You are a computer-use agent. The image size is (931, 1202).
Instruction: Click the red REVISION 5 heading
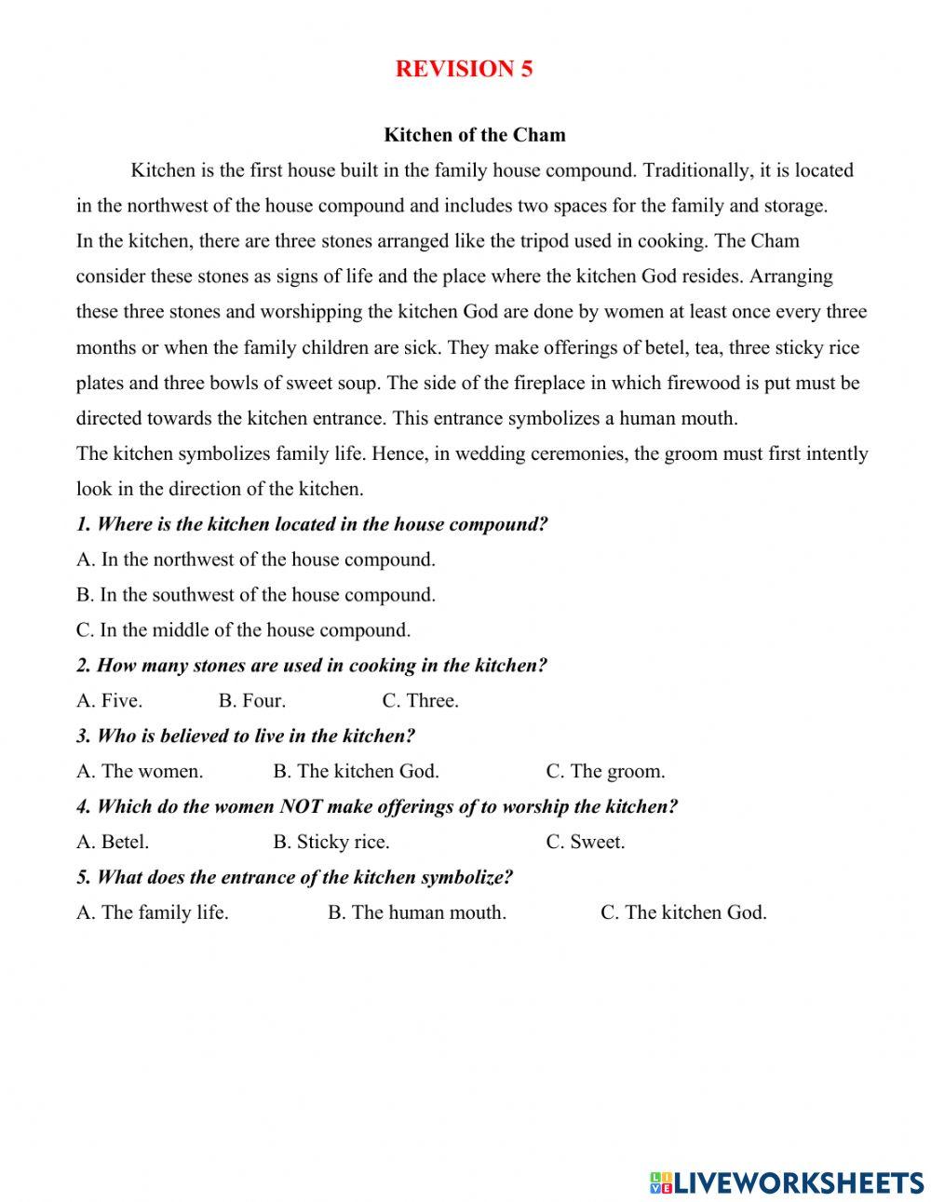coord(464,69)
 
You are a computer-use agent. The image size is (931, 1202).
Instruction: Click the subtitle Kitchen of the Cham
coord(475,135)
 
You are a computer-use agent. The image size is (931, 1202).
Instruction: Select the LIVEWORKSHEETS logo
coord(787,1182)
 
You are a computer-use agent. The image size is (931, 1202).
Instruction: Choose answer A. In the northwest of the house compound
coord(256,560)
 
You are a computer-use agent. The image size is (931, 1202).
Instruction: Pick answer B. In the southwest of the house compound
coord(256,595)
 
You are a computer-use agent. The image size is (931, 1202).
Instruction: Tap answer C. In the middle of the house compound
coord(243,630)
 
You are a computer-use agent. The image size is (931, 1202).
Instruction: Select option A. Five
coord(109,701)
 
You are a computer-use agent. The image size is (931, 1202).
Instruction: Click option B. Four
coord(252,701)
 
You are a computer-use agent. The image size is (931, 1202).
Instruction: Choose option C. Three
coord(420,701)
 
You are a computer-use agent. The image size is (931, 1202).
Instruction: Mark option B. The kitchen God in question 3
coord(356,772)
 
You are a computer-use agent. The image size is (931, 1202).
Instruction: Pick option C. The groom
coord(605,772)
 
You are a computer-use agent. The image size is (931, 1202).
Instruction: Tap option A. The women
coord(140,772)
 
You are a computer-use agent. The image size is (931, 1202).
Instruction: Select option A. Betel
coord(113,843)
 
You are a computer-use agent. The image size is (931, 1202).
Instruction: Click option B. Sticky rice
coord(331,843)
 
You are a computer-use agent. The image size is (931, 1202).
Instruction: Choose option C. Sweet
coord(585,843)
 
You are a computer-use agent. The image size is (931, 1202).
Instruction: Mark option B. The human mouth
coord(416,913)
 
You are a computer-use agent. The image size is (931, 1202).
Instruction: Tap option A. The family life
coord(152,913)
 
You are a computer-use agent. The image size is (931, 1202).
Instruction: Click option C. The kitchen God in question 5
coord(683,913)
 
